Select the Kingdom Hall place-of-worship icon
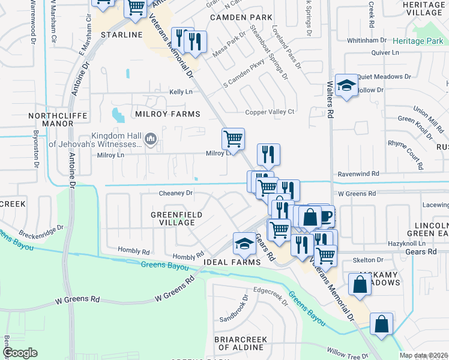(151, 139)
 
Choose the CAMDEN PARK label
(237, 17)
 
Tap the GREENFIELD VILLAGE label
(176, 218)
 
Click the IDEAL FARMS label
(231, 263)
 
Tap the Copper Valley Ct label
(270, 112)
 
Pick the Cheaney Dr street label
(176, 193)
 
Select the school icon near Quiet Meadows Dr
(346, 85)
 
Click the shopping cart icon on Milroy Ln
(233, 139)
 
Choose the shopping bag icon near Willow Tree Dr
(381, 325)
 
